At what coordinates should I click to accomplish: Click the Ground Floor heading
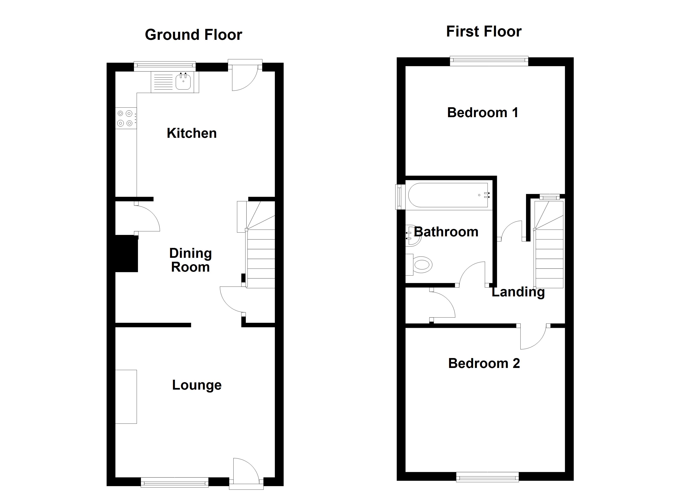tap(193, 35)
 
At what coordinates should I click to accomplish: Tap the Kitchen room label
tap(192, 133)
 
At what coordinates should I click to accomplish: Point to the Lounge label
tap(197, 385)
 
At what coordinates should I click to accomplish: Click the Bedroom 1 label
tap(482, 113)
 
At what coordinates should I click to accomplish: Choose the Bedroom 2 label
tap(484, 363)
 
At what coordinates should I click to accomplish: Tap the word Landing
tap(518, 292)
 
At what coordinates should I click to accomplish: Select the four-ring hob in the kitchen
tap(126, 118)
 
